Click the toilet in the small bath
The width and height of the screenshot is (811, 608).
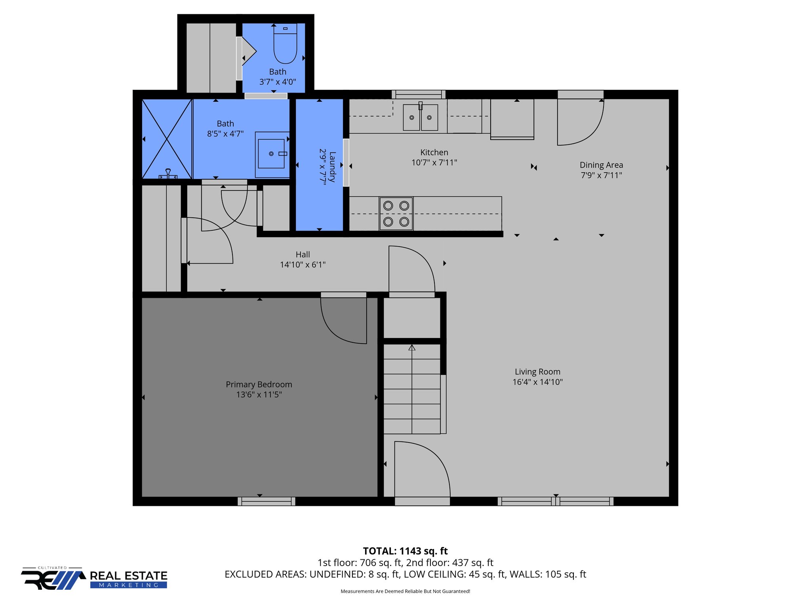click(x=285, y=46)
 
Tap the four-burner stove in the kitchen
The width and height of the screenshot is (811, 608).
click(x=396, y=214)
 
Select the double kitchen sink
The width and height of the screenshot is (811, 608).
click(x=420, y=117)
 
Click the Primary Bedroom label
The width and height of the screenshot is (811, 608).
click(x=259, y=384)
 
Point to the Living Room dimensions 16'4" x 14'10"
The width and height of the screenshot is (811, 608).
click(x=537, y=382)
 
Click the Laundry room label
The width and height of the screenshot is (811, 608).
click(x=332, y=166)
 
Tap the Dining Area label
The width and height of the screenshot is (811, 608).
click(x=601, y=165)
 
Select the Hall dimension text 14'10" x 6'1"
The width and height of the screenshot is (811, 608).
click(x=303, y=265)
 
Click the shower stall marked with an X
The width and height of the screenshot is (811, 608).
click(x=167, y=139)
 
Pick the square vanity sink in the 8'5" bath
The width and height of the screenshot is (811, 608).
click(x=271, y=154)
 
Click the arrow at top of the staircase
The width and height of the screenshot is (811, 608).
click(x=412, y=348)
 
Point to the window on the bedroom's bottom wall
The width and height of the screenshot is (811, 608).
click(x=266, y=502)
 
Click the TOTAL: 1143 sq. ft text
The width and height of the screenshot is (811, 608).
click(x=405, y=551)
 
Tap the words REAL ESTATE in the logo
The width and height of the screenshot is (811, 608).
click(x=129, y=576)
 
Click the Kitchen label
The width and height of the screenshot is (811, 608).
click(x=434, y=152)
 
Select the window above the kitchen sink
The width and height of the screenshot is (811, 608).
click(x=419, y=94)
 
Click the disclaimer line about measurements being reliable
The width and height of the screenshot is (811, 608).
click(x=405, y=591)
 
